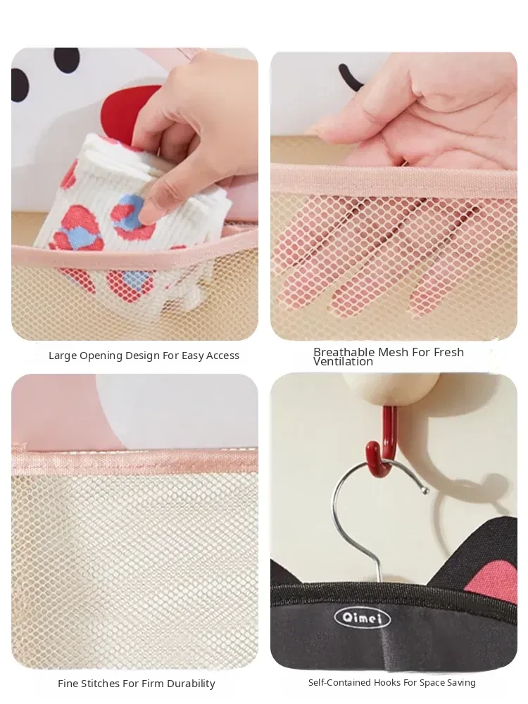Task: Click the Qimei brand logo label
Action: point(363,618)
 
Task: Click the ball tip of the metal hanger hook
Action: point(425,491)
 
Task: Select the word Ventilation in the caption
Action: point(343,361)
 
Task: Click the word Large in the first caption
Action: point(63,356)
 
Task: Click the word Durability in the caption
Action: point(191,684)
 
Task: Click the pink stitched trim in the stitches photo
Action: point(134,459)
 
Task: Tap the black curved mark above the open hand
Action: point(349,75)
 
